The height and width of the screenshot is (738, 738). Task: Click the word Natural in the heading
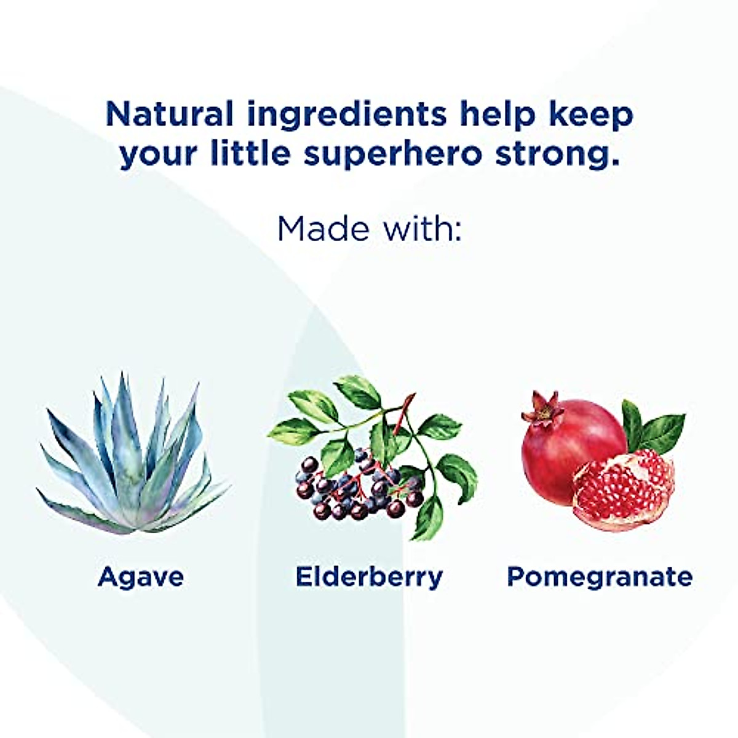pos(169,114)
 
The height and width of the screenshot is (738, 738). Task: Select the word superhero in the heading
pos(392,154)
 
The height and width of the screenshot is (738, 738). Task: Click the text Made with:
pos(369,228)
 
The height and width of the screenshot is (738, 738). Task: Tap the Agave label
pos(141,577)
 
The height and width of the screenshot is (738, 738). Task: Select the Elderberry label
pos(369,577)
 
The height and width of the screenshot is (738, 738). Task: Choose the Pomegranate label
pos(600,577)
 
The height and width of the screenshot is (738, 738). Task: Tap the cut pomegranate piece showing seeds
pos(624,489)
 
